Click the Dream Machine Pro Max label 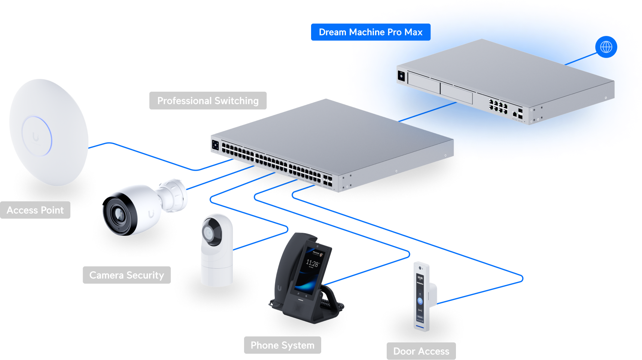tap(370, 32)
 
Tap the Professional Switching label tap(208, 101)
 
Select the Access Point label tap(35, 210)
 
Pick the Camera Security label tap(127, 275)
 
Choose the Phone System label tap(282, 345)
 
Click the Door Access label tap(421, 351)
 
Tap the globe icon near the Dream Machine tap(606, 47)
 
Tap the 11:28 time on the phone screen tap(312, 263)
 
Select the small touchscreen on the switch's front tap(215, 145)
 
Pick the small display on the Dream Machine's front tap(401, 76)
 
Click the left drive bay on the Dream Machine tap(423, 82)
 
